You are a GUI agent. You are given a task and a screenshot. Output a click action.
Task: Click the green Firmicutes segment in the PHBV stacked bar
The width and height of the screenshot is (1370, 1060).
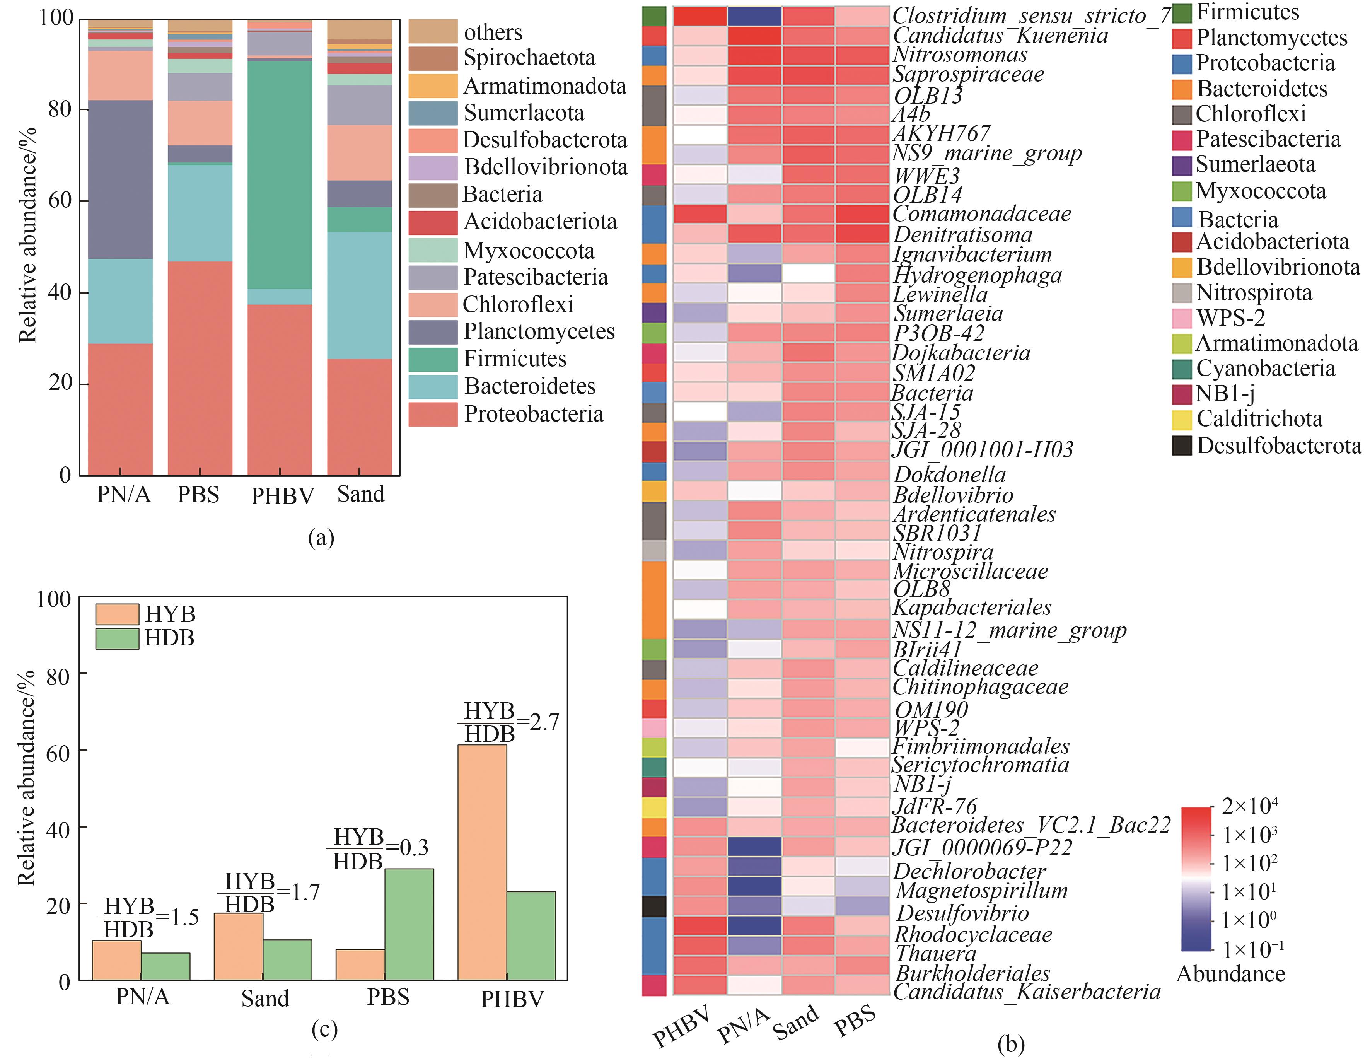click(280, 174)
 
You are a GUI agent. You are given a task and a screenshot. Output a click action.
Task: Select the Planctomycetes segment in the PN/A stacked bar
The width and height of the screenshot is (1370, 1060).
click(120, 179)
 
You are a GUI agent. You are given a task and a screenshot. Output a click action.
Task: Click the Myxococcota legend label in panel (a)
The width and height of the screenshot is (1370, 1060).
click(529, 251)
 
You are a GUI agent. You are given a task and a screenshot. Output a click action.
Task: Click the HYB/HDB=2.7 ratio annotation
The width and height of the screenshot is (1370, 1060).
click(507, 722)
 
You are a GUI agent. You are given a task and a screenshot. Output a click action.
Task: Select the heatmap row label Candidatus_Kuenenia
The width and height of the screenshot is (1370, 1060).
click(1000, 36)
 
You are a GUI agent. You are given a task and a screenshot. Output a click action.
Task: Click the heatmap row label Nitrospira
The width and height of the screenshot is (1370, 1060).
click(943, 552)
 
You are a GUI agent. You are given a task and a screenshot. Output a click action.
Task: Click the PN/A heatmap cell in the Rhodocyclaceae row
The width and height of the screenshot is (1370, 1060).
click(755, 926)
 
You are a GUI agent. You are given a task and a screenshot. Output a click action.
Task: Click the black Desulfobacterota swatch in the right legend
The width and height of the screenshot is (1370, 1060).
click(1182, 446)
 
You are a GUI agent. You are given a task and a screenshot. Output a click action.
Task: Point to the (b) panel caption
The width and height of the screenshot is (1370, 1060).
click(1010, 1044)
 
